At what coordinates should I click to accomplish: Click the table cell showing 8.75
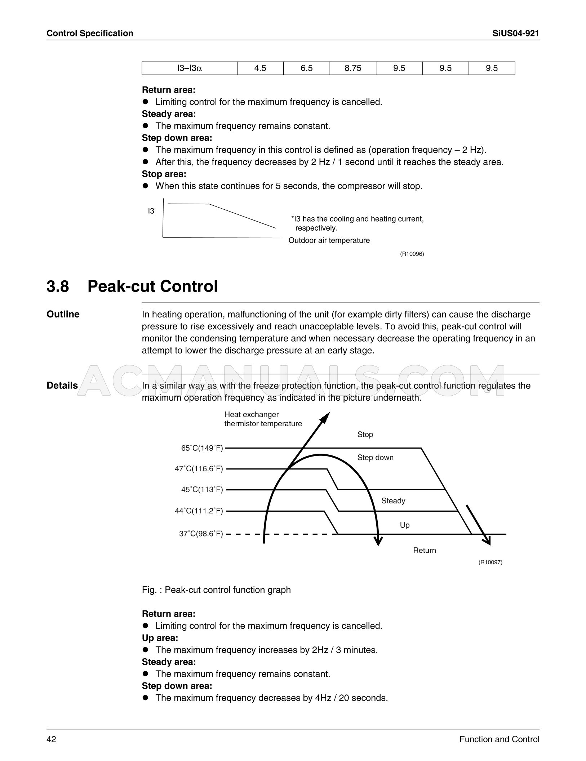click(x=352, y=68)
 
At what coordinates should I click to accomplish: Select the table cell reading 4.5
click(x=260, y=68)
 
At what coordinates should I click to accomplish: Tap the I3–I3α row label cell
click(x=190, y=68)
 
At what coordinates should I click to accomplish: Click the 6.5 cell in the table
click(x=306, y=68)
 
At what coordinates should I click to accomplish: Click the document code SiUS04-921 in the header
click(x=515, y=34)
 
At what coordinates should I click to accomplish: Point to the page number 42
click(x=51, y=739)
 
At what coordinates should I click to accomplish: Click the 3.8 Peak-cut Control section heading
click(x=132, y=286)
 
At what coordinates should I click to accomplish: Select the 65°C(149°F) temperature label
click(x=202, y=448)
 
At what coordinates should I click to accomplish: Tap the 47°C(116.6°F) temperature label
click(x=199, y=469)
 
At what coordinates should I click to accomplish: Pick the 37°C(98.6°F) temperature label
click(x=201, y=534)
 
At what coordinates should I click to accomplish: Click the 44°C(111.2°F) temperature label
click(x=199, y=511)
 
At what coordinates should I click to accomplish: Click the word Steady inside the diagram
click(x=393, y=501)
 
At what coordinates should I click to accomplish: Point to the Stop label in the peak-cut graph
click(x=365, y=435)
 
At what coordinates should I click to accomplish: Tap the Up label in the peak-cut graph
click(x=405, y=525)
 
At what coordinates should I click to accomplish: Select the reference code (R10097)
click(x=490, y=562)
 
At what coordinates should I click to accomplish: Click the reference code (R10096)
click(x=412, y=254)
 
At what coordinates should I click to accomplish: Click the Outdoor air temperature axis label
click(x=329, y=240)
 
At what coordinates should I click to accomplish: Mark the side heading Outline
click(x=63, y=314)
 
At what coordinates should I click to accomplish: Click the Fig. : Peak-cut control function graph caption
click(x=216, y=590)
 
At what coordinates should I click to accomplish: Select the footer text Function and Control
click(x=499, y=739)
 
